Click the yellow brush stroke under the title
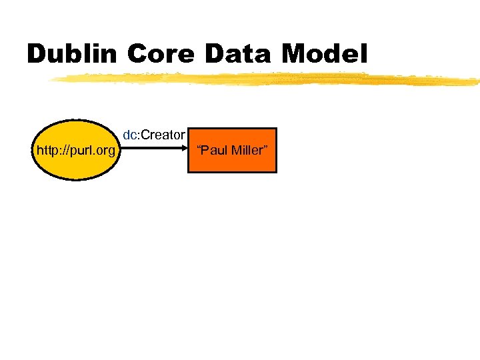click(267, 79)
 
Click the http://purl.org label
click(75, 151)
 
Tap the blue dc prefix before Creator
click(129, 135)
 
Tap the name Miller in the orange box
click(247, 150)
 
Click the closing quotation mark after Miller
click(265, 147)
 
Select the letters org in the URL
click(104, 151)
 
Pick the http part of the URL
click(48, 151)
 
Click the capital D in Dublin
click(36, 53)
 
